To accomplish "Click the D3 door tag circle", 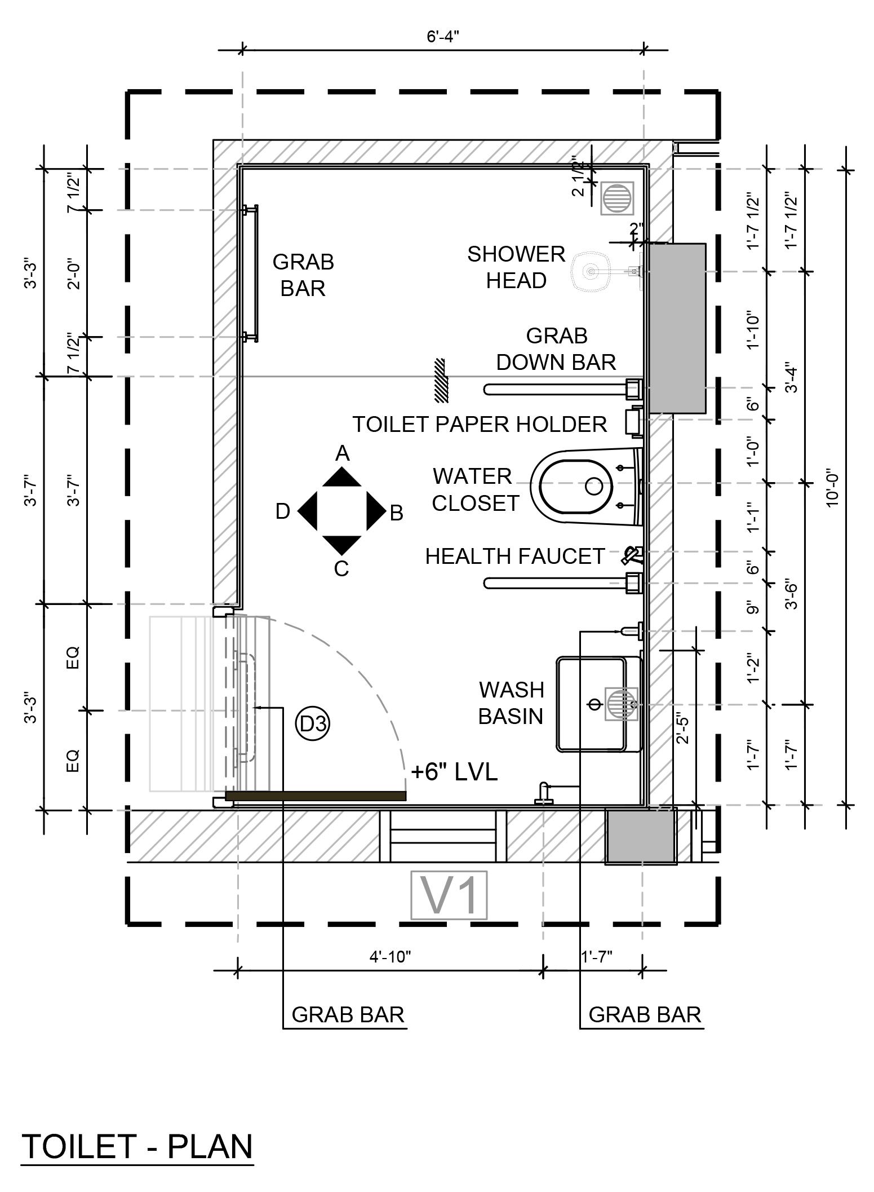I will click(x=313, y=723).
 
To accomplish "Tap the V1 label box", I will click(x=449, y=895).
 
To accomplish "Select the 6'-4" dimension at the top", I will click(x=443, y=37).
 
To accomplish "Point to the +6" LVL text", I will click(x=454, y=772).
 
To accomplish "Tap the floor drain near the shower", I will click(x=617, y=198).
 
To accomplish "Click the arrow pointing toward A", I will click(x=341, y=478).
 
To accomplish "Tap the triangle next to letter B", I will click(x=375, y=511).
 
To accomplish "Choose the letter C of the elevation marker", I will click(x=341, y=569).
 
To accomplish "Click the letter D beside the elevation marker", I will click(x=283, y=511).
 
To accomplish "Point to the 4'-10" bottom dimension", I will click(x=391, y=957).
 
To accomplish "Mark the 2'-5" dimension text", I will click(x=682, y=729).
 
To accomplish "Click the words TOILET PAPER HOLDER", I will click(x=480, y=424).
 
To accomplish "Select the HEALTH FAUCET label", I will click(x=515, y=557).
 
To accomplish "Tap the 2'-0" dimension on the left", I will click(x=74, y=274).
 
